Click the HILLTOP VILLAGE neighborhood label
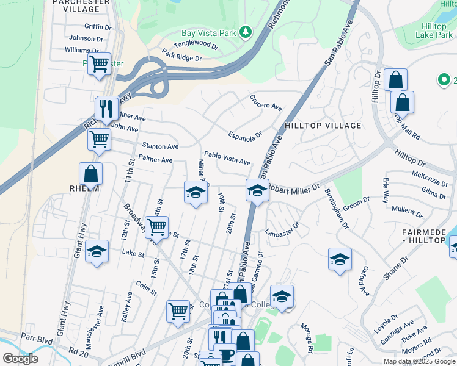tap(323, 126)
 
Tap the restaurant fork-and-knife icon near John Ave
tap(108, 108)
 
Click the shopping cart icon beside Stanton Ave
tap(99, 138)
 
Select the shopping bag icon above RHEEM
tap(91, 173)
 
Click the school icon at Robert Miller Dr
tap(257, 192)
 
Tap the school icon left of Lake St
tap(97, 251)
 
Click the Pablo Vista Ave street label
tap(227, 159)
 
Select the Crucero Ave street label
tap(265, 102)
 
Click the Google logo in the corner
tap(20, 359)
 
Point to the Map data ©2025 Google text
tap(419, 361)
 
